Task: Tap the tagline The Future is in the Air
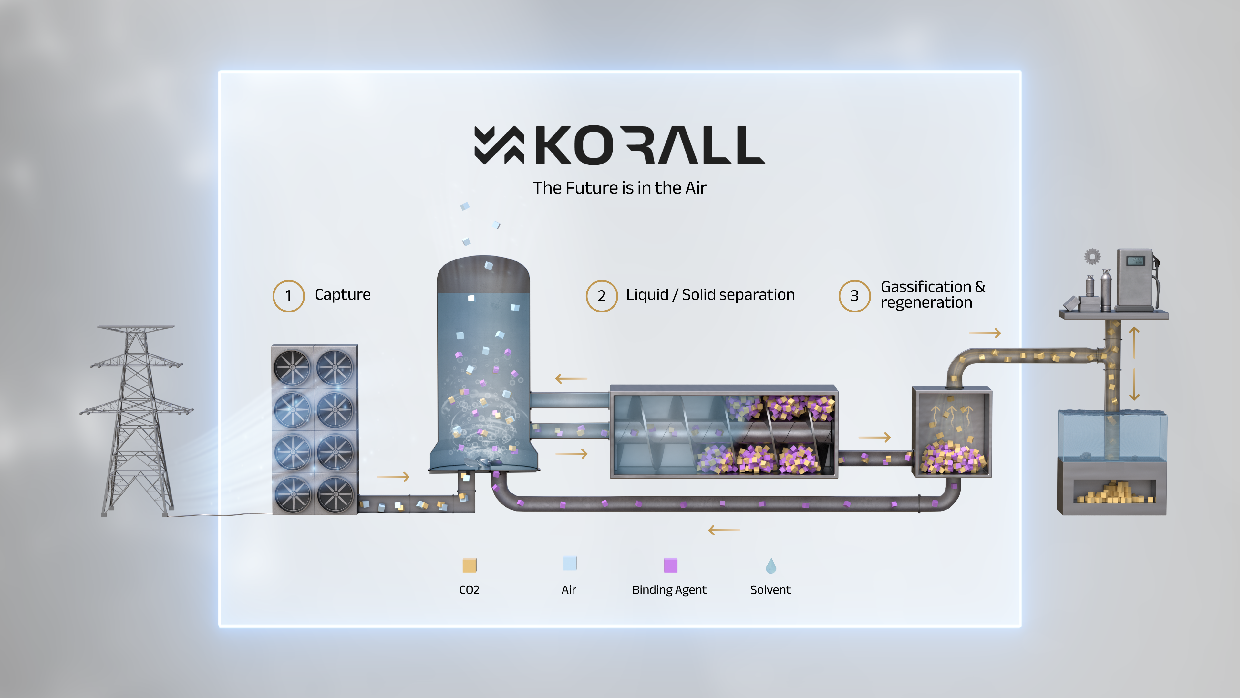coord(620,188)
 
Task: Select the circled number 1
coord(288,296)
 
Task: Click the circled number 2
coord(601,296)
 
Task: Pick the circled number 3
coord(854,296)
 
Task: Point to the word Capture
coord(342,294)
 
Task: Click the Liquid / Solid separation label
coord(710,294)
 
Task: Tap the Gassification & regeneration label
coord(932,294)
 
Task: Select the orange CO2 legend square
coord(469,565)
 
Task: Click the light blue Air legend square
coord(569,563)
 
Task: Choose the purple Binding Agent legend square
coord(670,565)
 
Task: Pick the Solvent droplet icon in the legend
coord(771,566)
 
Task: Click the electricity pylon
coord(136,419)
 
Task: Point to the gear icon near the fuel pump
coord(1092,256)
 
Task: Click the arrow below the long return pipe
coord(724,530)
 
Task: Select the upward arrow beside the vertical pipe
coord(1134,342)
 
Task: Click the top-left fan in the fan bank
coord(292,367)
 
